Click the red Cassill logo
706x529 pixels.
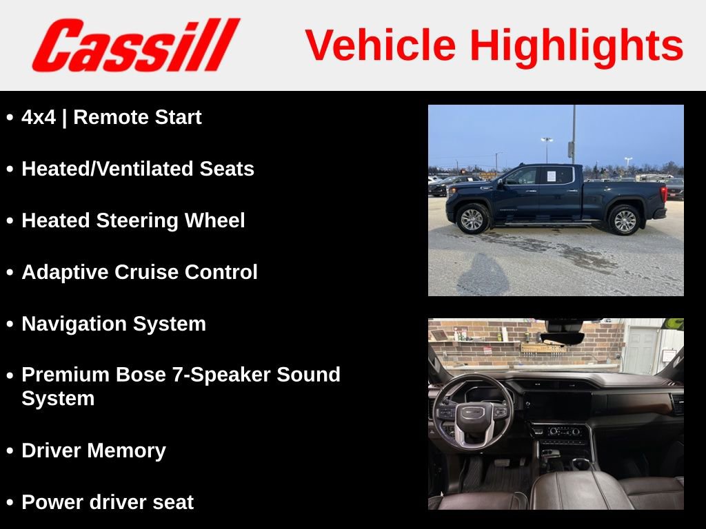(x=135, y=45)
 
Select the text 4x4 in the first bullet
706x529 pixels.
(x=39, y=118)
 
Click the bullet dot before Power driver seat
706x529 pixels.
(x=10, y=503)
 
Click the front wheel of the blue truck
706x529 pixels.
(x=473, y=219)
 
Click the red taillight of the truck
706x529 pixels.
(x=665, y=192)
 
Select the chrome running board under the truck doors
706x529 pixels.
(x=548, y=223)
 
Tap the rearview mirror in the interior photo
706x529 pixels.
(x=562, y=338)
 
